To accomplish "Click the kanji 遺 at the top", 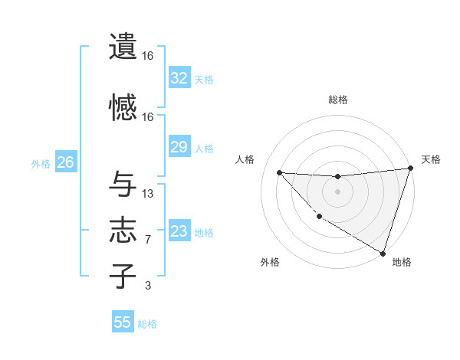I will point(123,47).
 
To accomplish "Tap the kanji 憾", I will point(123,107).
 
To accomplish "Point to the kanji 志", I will point(123,231).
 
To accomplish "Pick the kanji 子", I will point(123,276).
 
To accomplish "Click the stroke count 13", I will point(148,194).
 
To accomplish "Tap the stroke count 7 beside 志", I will point(148,240).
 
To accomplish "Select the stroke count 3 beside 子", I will point(148,286).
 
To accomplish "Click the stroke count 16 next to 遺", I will point(148,56).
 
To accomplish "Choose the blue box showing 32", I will point(179,77).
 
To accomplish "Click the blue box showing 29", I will point(179,147).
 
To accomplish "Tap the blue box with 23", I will point(179,231).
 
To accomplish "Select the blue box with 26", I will point(65,162).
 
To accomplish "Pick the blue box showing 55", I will point(123,322).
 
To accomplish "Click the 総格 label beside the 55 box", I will point(147,324).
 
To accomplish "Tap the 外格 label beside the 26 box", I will point(40,164).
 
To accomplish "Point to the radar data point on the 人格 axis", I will point(279,172).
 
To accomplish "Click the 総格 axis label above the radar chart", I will point(338,100).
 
